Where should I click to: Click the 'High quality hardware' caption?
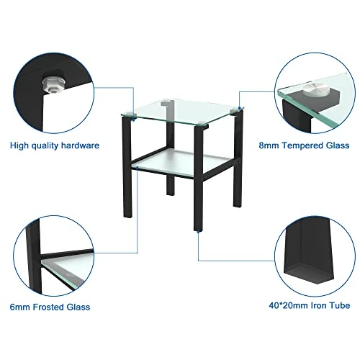(x=55, y=145)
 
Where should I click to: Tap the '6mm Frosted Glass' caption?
(x=50, y=307)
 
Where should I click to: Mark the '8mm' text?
(x=267, y=145)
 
